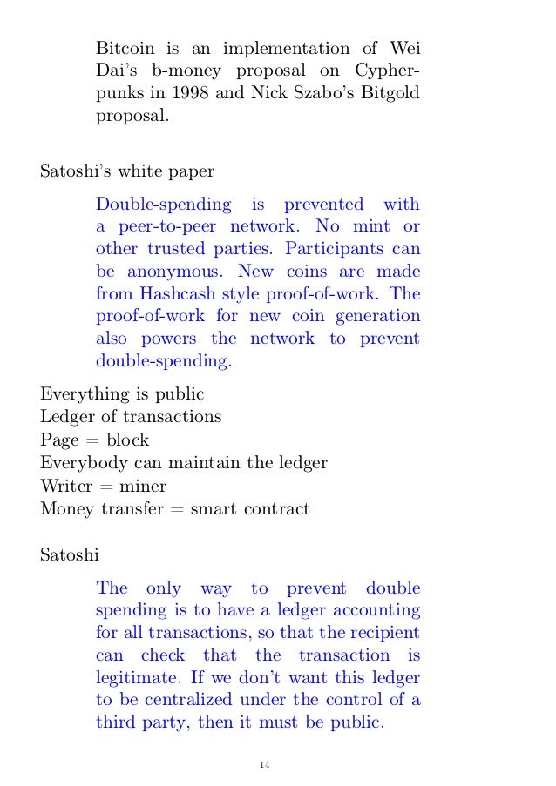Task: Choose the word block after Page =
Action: (x=127, y=440)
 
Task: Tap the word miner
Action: (x=143, y=485)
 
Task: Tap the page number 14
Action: (x=264, y=764)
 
